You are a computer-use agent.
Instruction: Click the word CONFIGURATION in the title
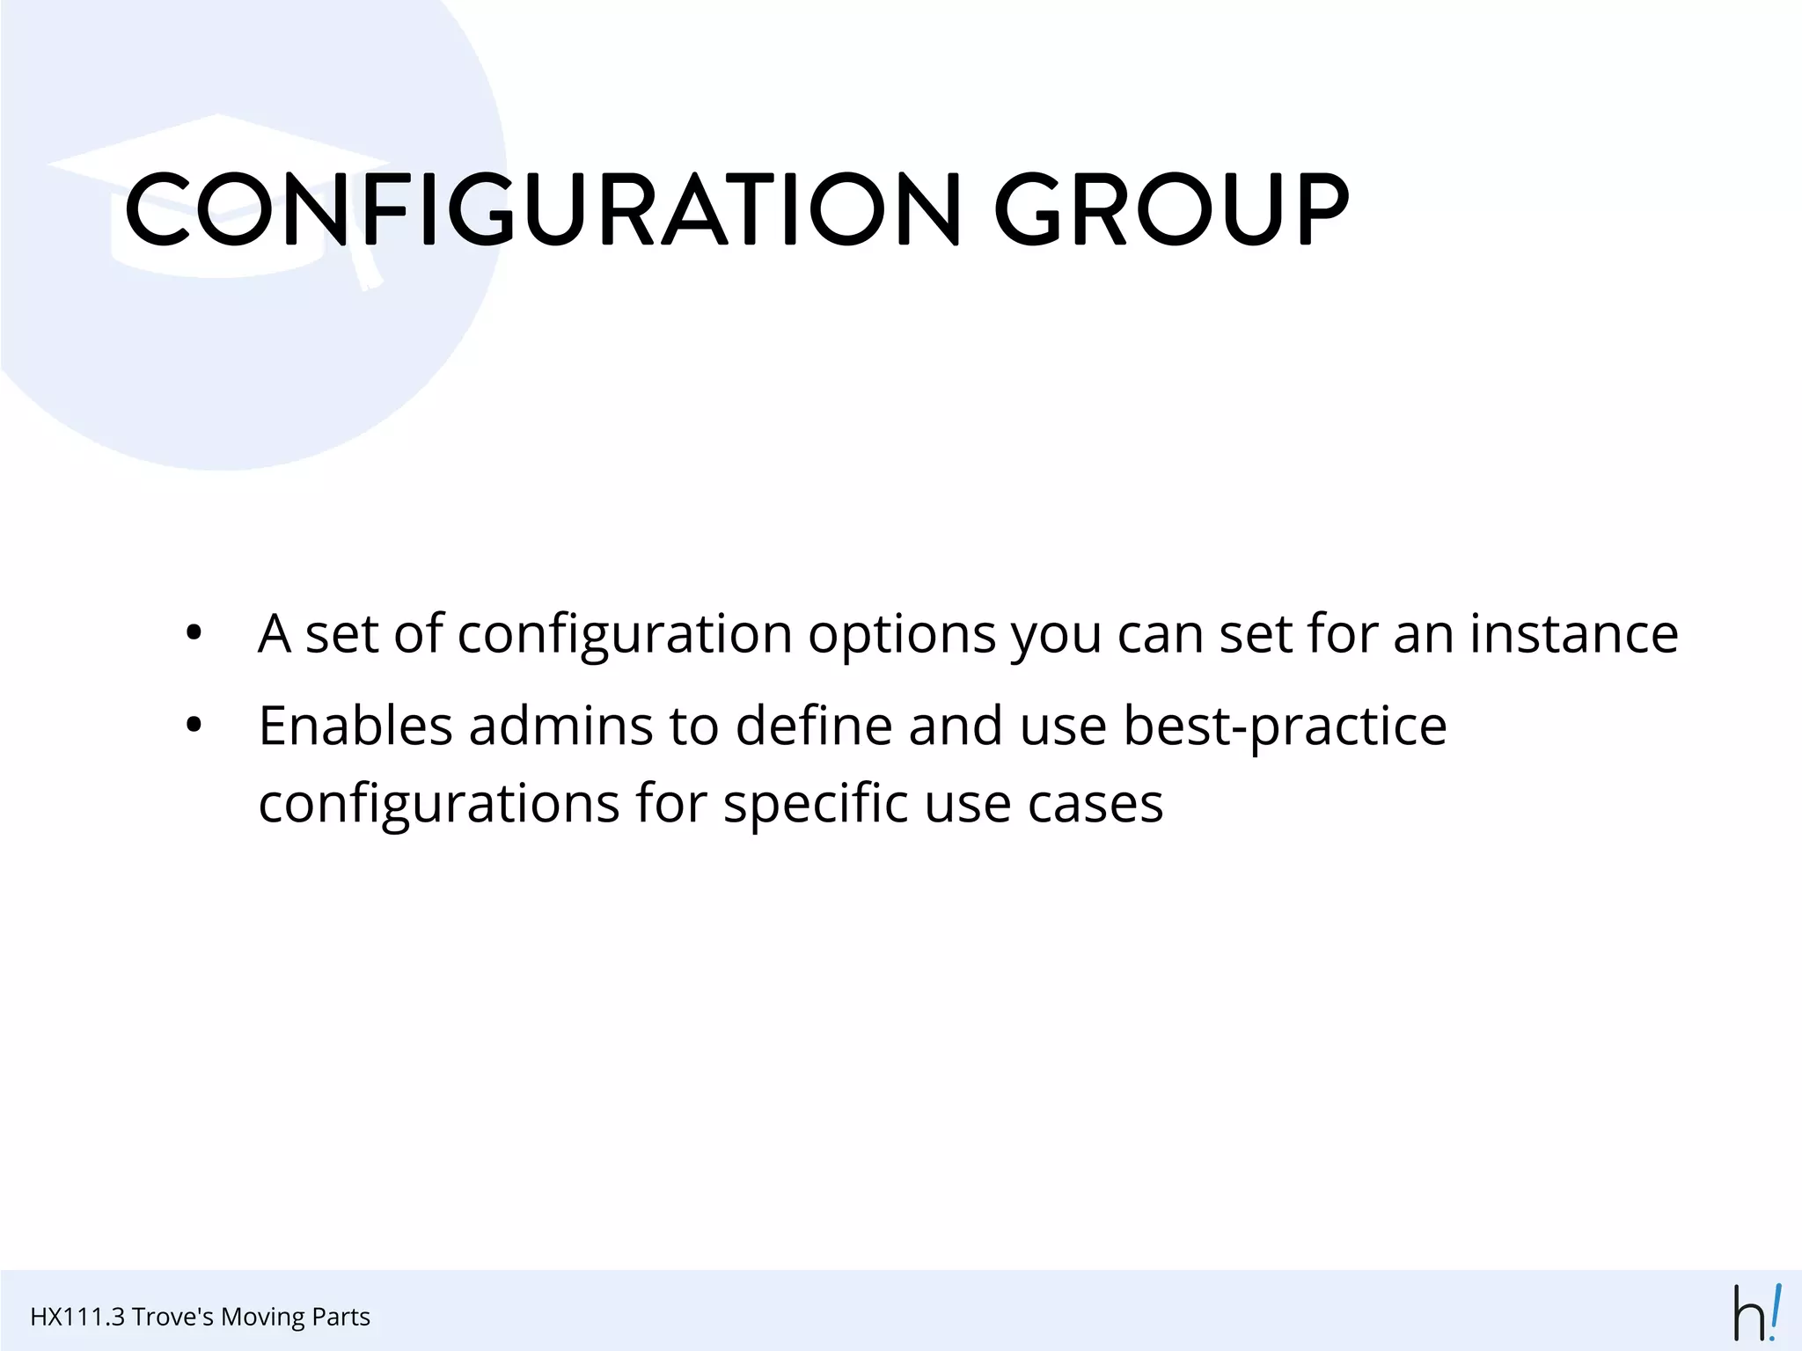[x=542, y=209]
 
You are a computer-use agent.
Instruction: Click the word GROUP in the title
[x=1170, y=209]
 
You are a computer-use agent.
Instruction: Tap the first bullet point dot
[x=194, y=633]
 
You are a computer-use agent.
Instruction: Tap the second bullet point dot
[x=194, y=727]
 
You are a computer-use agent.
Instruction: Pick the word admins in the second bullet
[x=560, y=727]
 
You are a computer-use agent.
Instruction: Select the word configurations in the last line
[x=439, y=804]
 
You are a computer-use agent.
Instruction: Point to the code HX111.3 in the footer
[x=77, y=1317]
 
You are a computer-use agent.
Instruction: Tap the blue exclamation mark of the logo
[x=1775, y=1311]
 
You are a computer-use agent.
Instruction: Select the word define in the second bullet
[x=814, y=727]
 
